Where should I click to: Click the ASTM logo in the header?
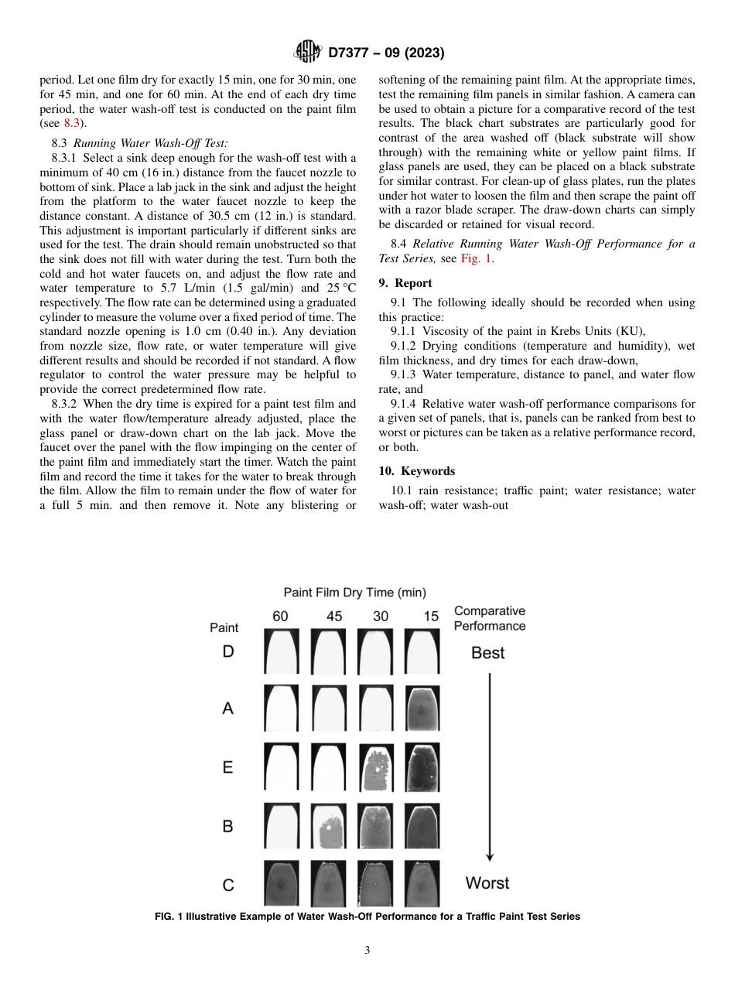(308, 53)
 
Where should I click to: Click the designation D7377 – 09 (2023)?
(386, 53)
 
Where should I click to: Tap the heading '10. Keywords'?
(417, 471)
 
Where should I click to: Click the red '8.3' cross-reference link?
(71, 123)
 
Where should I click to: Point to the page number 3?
(367, 951)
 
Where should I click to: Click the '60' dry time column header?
(281, 617)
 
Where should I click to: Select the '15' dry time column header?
(431, 617)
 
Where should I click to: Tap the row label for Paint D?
(227, 651)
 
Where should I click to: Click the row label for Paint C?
(227, 885)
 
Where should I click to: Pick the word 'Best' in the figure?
(487, 653)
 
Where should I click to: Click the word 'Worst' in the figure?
(487, 883)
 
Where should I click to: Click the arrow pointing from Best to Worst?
(489, 766)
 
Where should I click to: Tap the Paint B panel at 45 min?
(329, 826)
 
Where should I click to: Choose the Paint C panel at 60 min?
(282, 884)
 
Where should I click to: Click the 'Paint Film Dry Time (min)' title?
(354, 593)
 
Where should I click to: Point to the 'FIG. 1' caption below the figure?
(367, 917)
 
